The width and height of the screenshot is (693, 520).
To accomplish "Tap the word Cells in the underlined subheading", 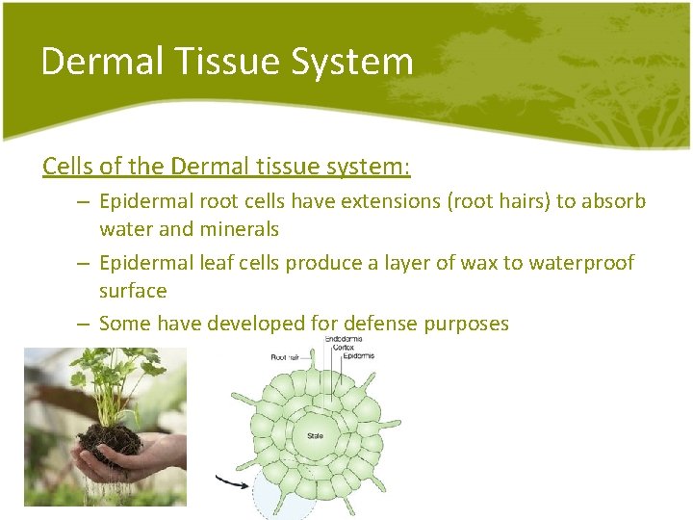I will click(67, 167).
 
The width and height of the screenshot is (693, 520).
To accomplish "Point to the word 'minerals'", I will click(241, 229).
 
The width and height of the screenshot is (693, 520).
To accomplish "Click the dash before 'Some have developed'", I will click(84, 324).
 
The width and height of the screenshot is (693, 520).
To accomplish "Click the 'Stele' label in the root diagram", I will click(316, 436).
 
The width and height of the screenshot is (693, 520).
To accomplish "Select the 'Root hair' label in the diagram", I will click(287, 356).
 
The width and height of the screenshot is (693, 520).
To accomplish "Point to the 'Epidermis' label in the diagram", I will click(356, 355).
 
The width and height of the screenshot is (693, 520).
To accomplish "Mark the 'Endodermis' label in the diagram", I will click(344, 339).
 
